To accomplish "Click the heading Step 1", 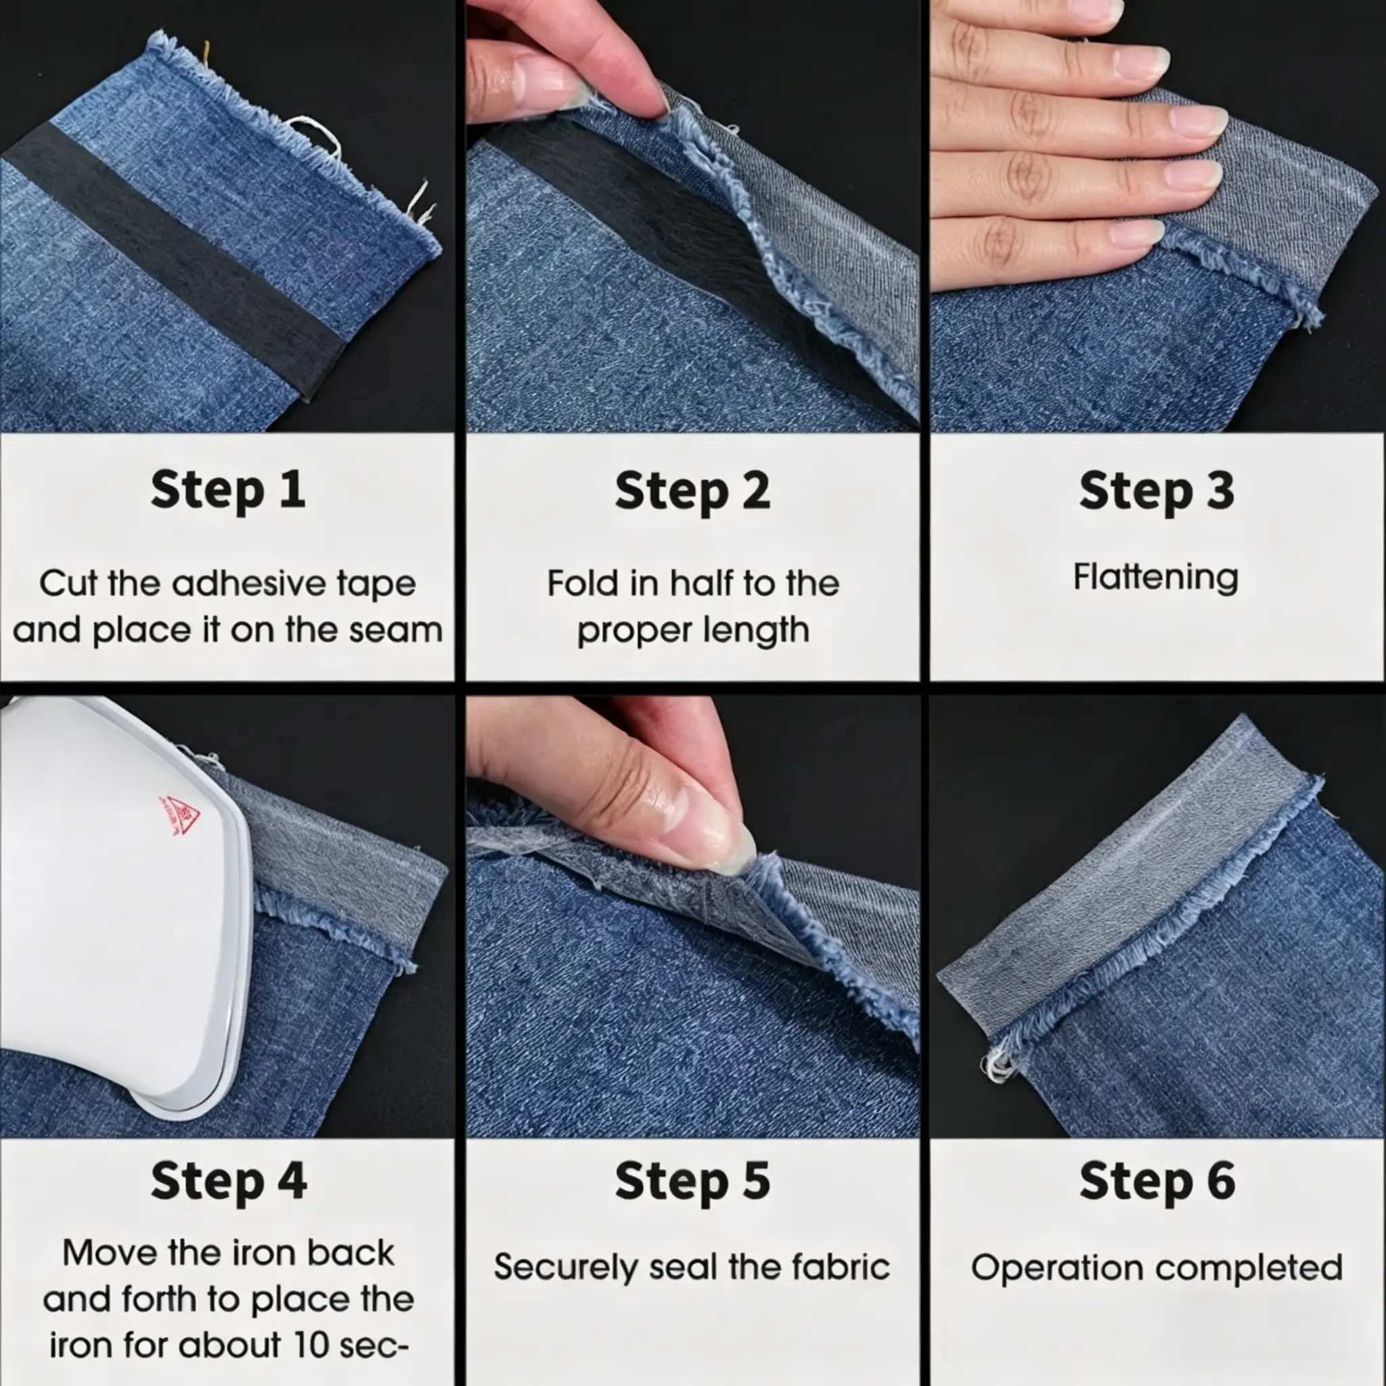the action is (228, 491).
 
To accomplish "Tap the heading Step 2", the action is (692, 492).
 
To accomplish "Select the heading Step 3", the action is (1157, 492).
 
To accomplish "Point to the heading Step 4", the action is (229, 1181).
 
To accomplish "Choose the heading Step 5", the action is (692, 1181).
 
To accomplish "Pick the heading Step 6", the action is (1157, 1181).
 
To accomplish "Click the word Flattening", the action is (1156, 577).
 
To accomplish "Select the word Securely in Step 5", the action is (566, 1268).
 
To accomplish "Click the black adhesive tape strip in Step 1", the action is (172, 259).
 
